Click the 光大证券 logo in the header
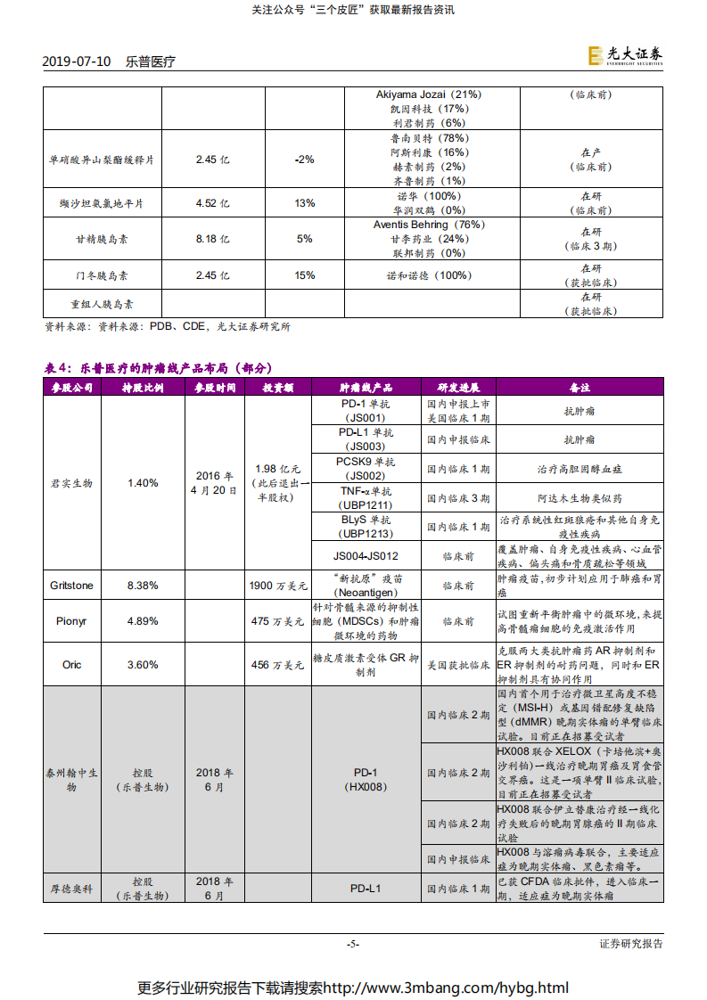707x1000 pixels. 625,56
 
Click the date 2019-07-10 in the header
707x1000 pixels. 77,61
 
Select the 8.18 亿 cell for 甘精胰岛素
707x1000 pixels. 212,239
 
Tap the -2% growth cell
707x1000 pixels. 304,160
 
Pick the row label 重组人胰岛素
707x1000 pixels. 103,304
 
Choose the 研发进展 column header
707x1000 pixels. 458,388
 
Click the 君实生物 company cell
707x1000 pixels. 71,482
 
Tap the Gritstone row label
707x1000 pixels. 71,586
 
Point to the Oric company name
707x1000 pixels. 71,664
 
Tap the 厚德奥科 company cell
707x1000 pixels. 71,889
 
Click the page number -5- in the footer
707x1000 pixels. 353,944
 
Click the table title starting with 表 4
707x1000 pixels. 158,367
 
